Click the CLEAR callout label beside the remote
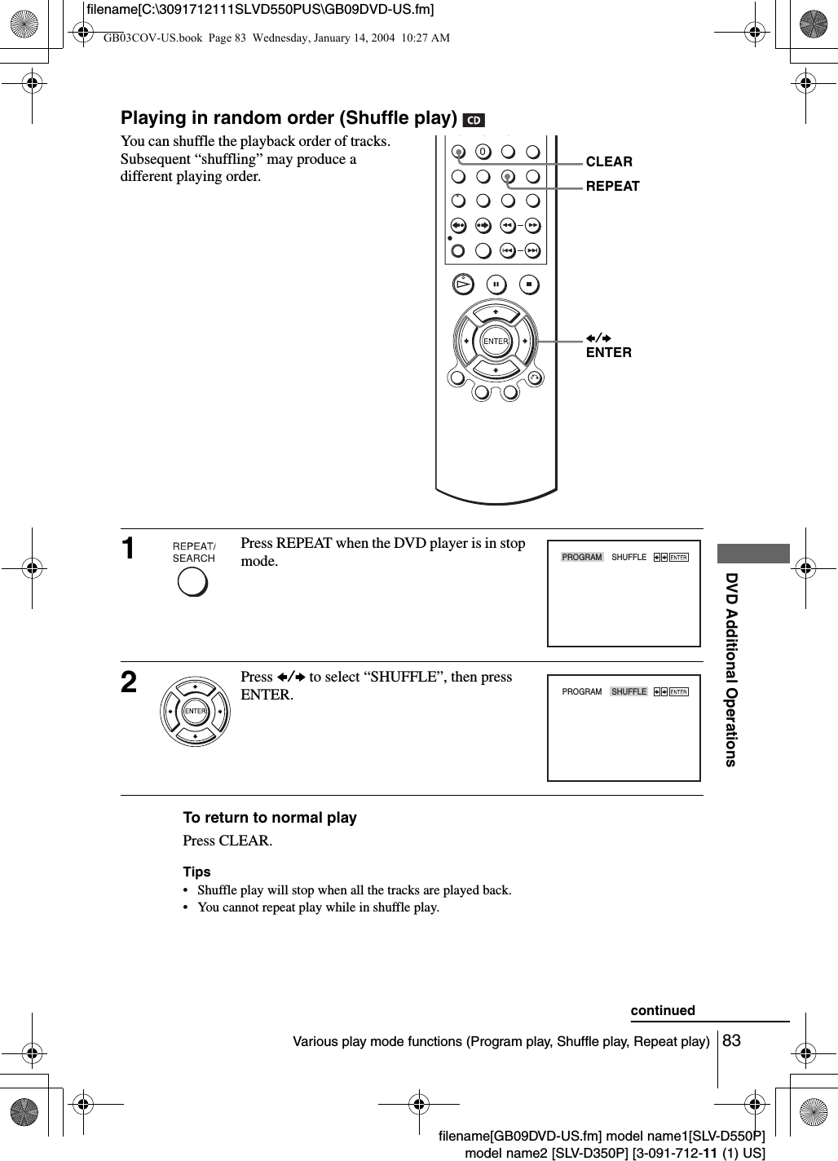click(609, 161)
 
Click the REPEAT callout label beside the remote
click(612, 186)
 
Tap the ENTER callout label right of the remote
click(608, 352)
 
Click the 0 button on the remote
click(483, 152)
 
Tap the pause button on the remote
click(496, 285)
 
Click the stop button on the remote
click(529, 285)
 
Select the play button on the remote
click(463, 285)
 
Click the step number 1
click(129, 550)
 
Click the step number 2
click(129, 683)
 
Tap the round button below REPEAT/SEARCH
click(192, 581)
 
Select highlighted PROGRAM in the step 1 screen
click(582, 558)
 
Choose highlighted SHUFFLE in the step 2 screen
click(628, 691)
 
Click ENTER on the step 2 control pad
click(196, 712)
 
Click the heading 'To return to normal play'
click(270, 818)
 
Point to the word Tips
click(196, 872)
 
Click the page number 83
click(731, 1040)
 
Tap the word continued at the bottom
click(663, 1011)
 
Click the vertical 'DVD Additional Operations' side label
click(731, 669)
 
